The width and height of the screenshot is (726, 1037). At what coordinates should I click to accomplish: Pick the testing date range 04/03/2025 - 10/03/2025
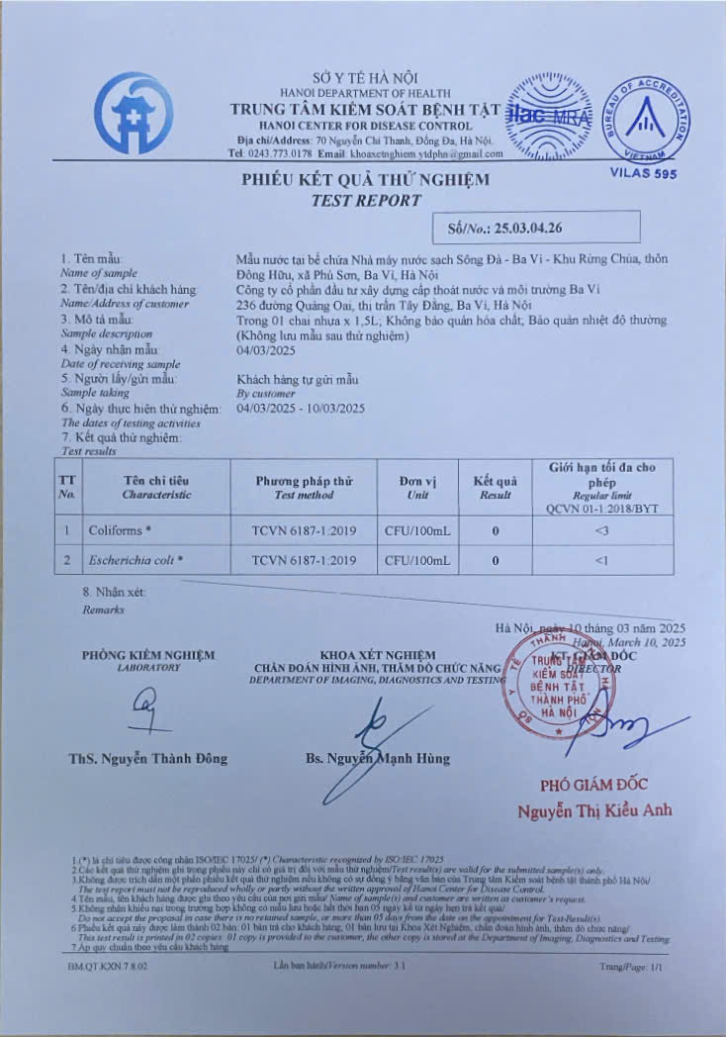(301, 408)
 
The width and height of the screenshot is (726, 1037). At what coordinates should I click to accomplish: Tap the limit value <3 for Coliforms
(601, 530)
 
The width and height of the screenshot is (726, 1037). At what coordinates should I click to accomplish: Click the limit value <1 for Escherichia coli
(601, 560)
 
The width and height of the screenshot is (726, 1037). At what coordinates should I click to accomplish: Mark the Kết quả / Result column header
(495, 486)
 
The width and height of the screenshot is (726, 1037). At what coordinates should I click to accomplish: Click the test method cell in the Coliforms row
(304, 530)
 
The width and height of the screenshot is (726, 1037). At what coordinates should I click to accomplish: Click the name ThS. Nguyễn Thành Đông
(147, 758)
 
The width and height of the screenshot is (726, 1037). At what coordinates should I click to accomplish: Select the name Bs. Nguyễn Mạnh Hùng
(377, 758)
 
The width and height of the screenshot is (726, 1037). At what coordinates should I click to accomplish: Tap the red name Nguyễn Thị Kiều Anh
(593, 810)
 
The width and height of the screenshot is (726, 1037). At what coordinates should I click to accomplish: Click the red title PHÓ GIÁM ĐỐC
(593, 785)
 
